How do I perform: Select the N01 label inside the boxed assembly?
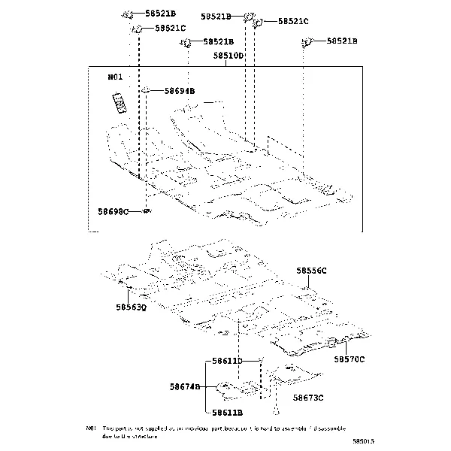(x=115, y=77)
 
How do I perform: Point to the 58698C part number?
(x=114, y=213)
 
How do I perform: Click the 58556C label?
(x=311, y=270)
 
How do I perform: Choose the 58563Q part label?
(x=131, y=307)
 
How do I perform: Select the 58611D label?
(x=227, y=362)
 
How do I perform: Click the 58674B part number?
(x=185, y=386)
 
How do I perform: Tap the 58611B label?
(x=227, y=412)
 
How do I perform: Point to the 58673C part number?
(x=308, y=398)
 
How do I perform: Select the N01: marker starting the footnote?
(x=91, y=427)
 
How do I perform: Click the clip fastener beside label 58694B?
(x=147, y=91)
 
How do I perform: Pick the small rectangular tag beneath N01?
(x=119, y=101)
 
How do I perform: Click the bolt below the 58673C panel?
(x=276, y=410)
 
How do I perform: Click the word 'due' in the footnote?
(x=107, y=434)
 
